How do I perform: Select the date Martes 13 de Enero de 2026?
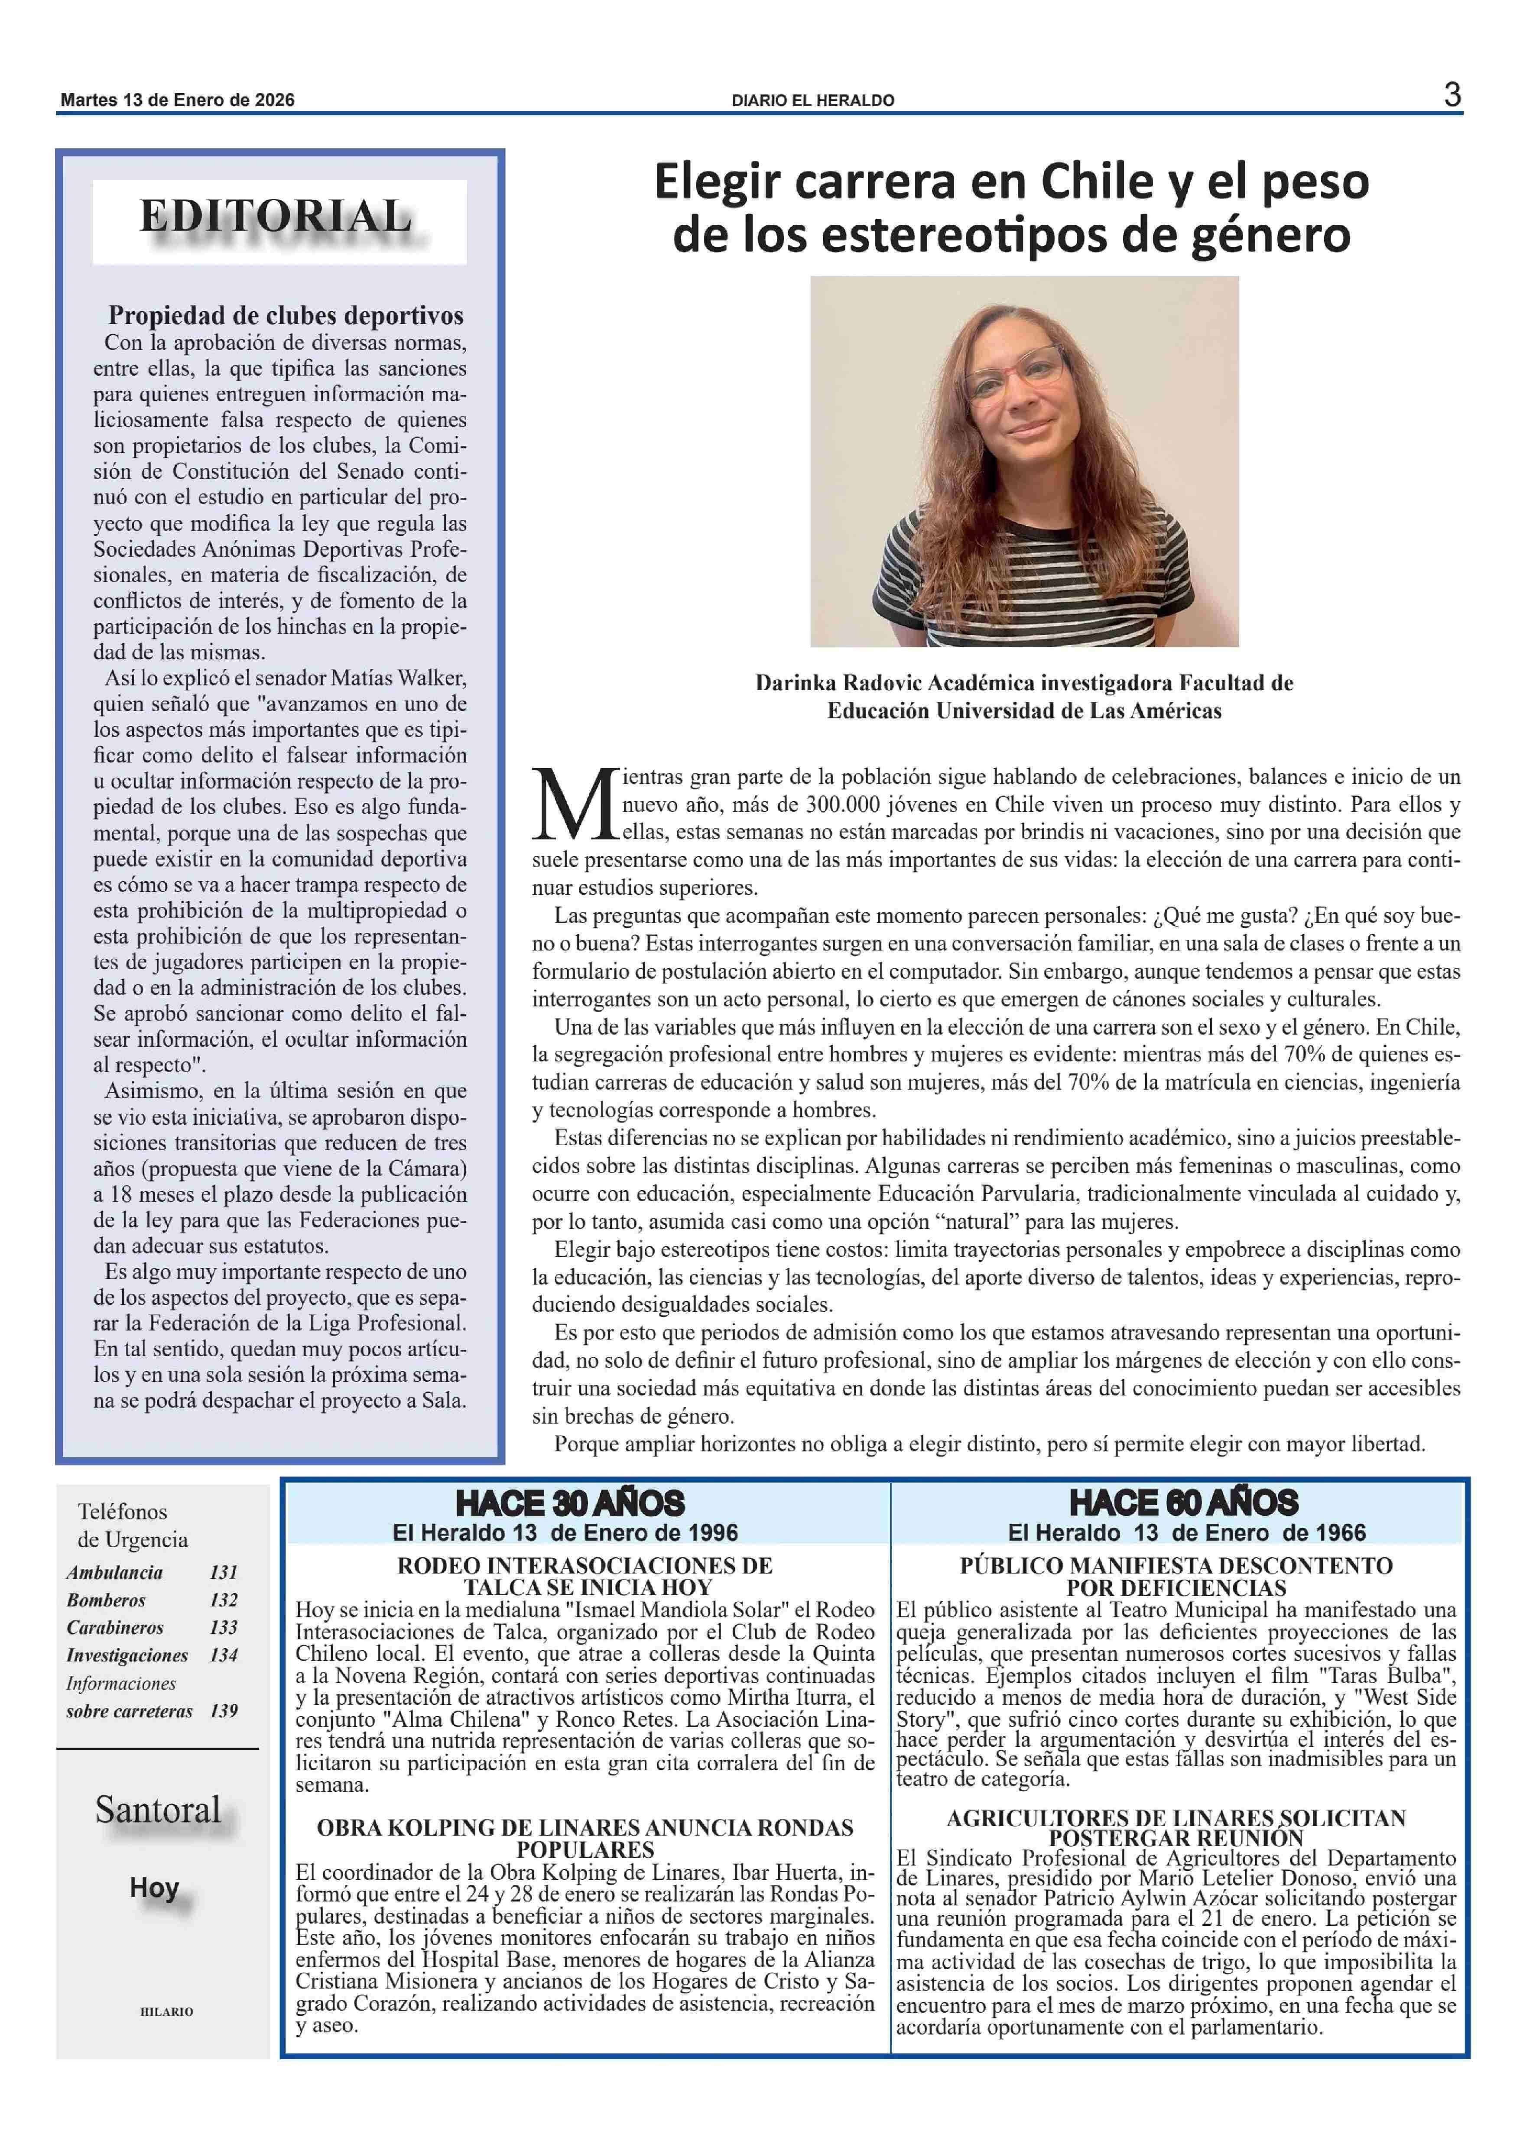177,100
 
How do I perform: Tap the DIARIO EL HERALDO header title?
812,100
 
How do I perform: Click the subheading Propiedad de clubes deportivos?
286,315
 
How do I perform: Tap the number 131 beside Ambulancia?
224,1572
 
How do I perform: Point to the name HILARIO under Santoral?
166,2010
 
